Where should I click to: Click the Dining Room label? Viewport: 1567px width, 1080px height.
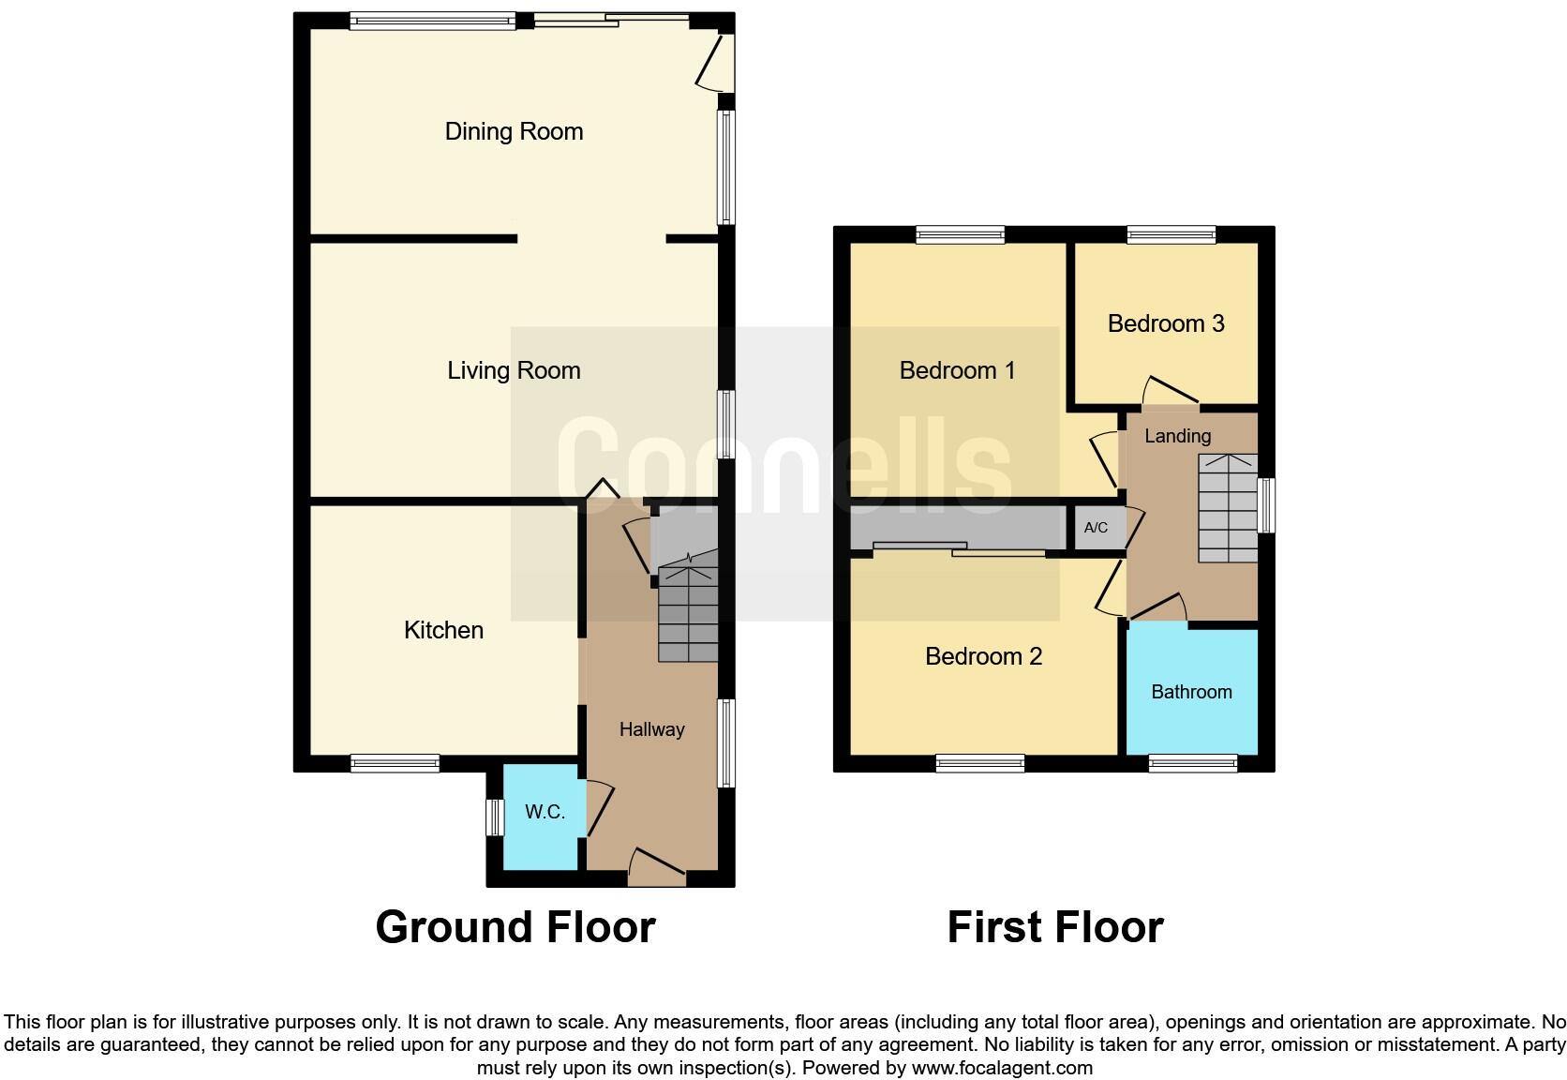click(514, 131)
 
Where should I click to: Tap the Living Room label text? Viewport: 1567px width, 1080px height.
click(514, 370)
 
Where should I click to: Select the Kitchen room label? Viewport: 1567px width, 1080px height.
click(443, 630)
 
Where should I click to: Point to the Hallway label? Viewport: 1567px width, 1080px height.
click(651, 729)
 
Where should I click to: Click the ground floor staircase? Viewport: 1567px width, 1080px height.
click(688, 614)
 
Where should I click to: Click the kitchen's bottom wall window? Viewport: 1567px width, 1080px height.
click(395, 764)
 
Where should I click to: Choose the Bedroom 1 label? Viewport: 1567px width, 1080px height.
click(957, 370)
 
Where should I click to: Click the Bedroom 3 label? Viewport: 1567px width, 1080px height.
click(1165, 323)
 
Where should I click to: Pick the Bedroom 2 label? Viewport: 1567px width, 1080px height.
click(983, 656)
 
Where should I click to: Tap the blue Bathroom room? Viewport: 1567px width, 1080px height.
click(1191, 692)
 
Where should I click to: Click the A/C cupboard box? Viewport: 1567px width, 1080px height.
click(1096, 528)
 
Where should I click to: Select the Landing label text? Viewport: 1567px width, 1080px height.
click(1177, 436)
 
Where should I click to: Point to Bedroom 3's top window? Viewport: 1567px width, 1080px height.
click(1171, 234)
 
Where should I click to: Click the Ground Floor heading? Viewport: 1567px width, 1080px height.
click(515, 927)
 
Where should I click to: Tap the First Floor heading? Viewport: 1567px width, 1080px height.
click(1054, 927)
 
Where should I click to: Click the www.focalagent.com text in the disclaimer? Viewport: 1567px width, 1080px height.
click(1002, 1068)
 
